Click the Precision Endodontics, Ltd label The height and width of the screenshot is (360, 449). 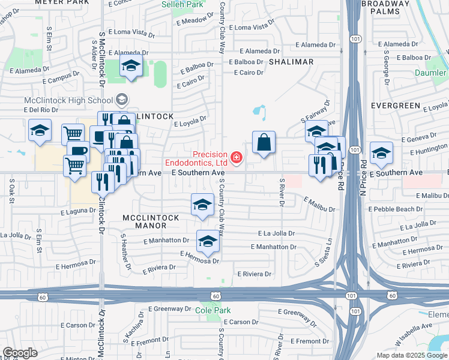click(196, 158)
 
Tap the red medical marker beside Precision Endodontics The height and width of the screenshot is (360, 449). click(237, 158)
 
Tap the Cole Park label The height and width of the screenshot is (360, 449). click(208, 310)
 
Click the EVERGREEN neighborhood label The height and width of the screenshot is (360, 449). click(396, 105)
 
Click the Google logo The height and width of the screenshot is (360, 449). click(20, 353)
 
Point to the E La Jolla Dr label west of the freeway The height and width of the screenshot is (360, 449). click(276, 233)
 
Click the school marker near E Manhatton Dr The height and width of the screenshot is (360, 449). click(208, 241)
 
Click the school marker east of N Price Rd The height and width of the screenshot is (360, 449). click(381, 154)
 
